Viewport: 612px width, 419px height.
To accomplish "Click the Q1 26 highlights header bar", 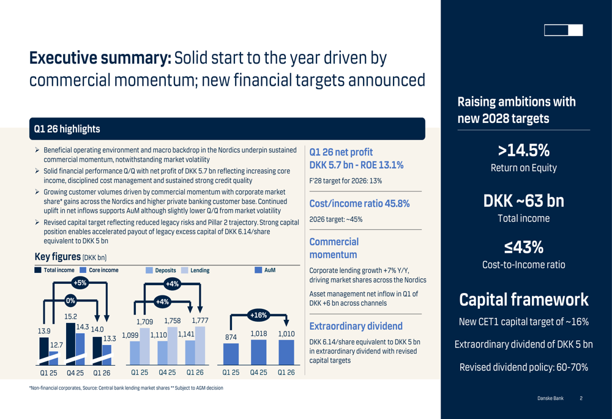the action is pyautogui.click(x=227, y=128).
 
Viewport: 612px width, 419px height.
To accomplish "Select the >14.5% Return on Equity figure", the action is pyautogui.click(x=523, y=150).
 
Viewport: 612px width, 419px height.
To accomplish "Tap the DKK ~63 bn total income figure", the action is pyautogui.click(x=523, y=201).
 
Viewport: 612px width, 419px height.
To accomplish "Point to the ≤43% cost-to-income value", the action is pyautogui.click(x=523, y=247).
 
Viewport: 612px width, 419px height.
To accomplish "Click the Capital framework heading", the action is pyautogui.click(x=523, y=300).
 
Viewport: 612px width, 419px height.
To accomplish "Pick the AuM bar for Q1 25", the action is pyautogui.click(x=231, y=354).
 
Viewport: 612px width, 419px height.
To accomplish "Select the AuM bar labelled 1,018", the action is pyautogui.click(x=258, y=352).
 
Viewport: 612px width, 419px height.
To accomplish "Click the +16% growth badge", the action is pyautogui.click(x=258, y=315).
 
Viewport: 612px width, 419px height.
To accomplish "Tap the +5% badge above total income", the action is pyautogui.click(x=80, y=283).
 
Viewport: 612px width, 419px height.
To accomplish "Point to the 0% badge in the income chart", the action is pyautogui.click(x=70, y=300).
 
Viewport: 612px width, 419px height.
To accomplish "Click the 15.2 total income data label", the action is pyautogui.click(x=70, y=317).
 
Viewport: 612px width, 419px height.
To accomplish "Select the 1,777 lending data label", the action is pyautogui.click(x=200, y=321).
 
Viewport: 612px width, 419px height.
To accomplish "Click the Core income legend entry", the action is pyautogui.click(x=99, y=270).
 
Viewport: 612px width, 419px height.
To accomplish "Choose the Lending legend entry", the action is pyautogui.click(x=195, y=270).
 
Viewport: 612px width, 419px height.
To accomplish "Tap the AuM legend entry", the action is pyautogui.click(x=265, y=270).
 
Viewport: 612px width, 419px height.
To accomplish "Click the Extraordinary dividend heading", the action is pyautogui.click(x=356, y=326).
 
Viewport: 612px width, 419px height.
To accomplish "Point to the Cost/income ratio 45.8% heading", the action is pyautogui.click(x=359, y=204).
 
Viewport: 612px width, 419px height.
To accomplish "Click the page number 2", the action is pyautogui.click(x=581, y=398).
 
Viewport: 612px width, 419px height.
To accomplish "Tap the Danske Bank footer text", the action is pyautogui.click(x=550, y=398).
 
